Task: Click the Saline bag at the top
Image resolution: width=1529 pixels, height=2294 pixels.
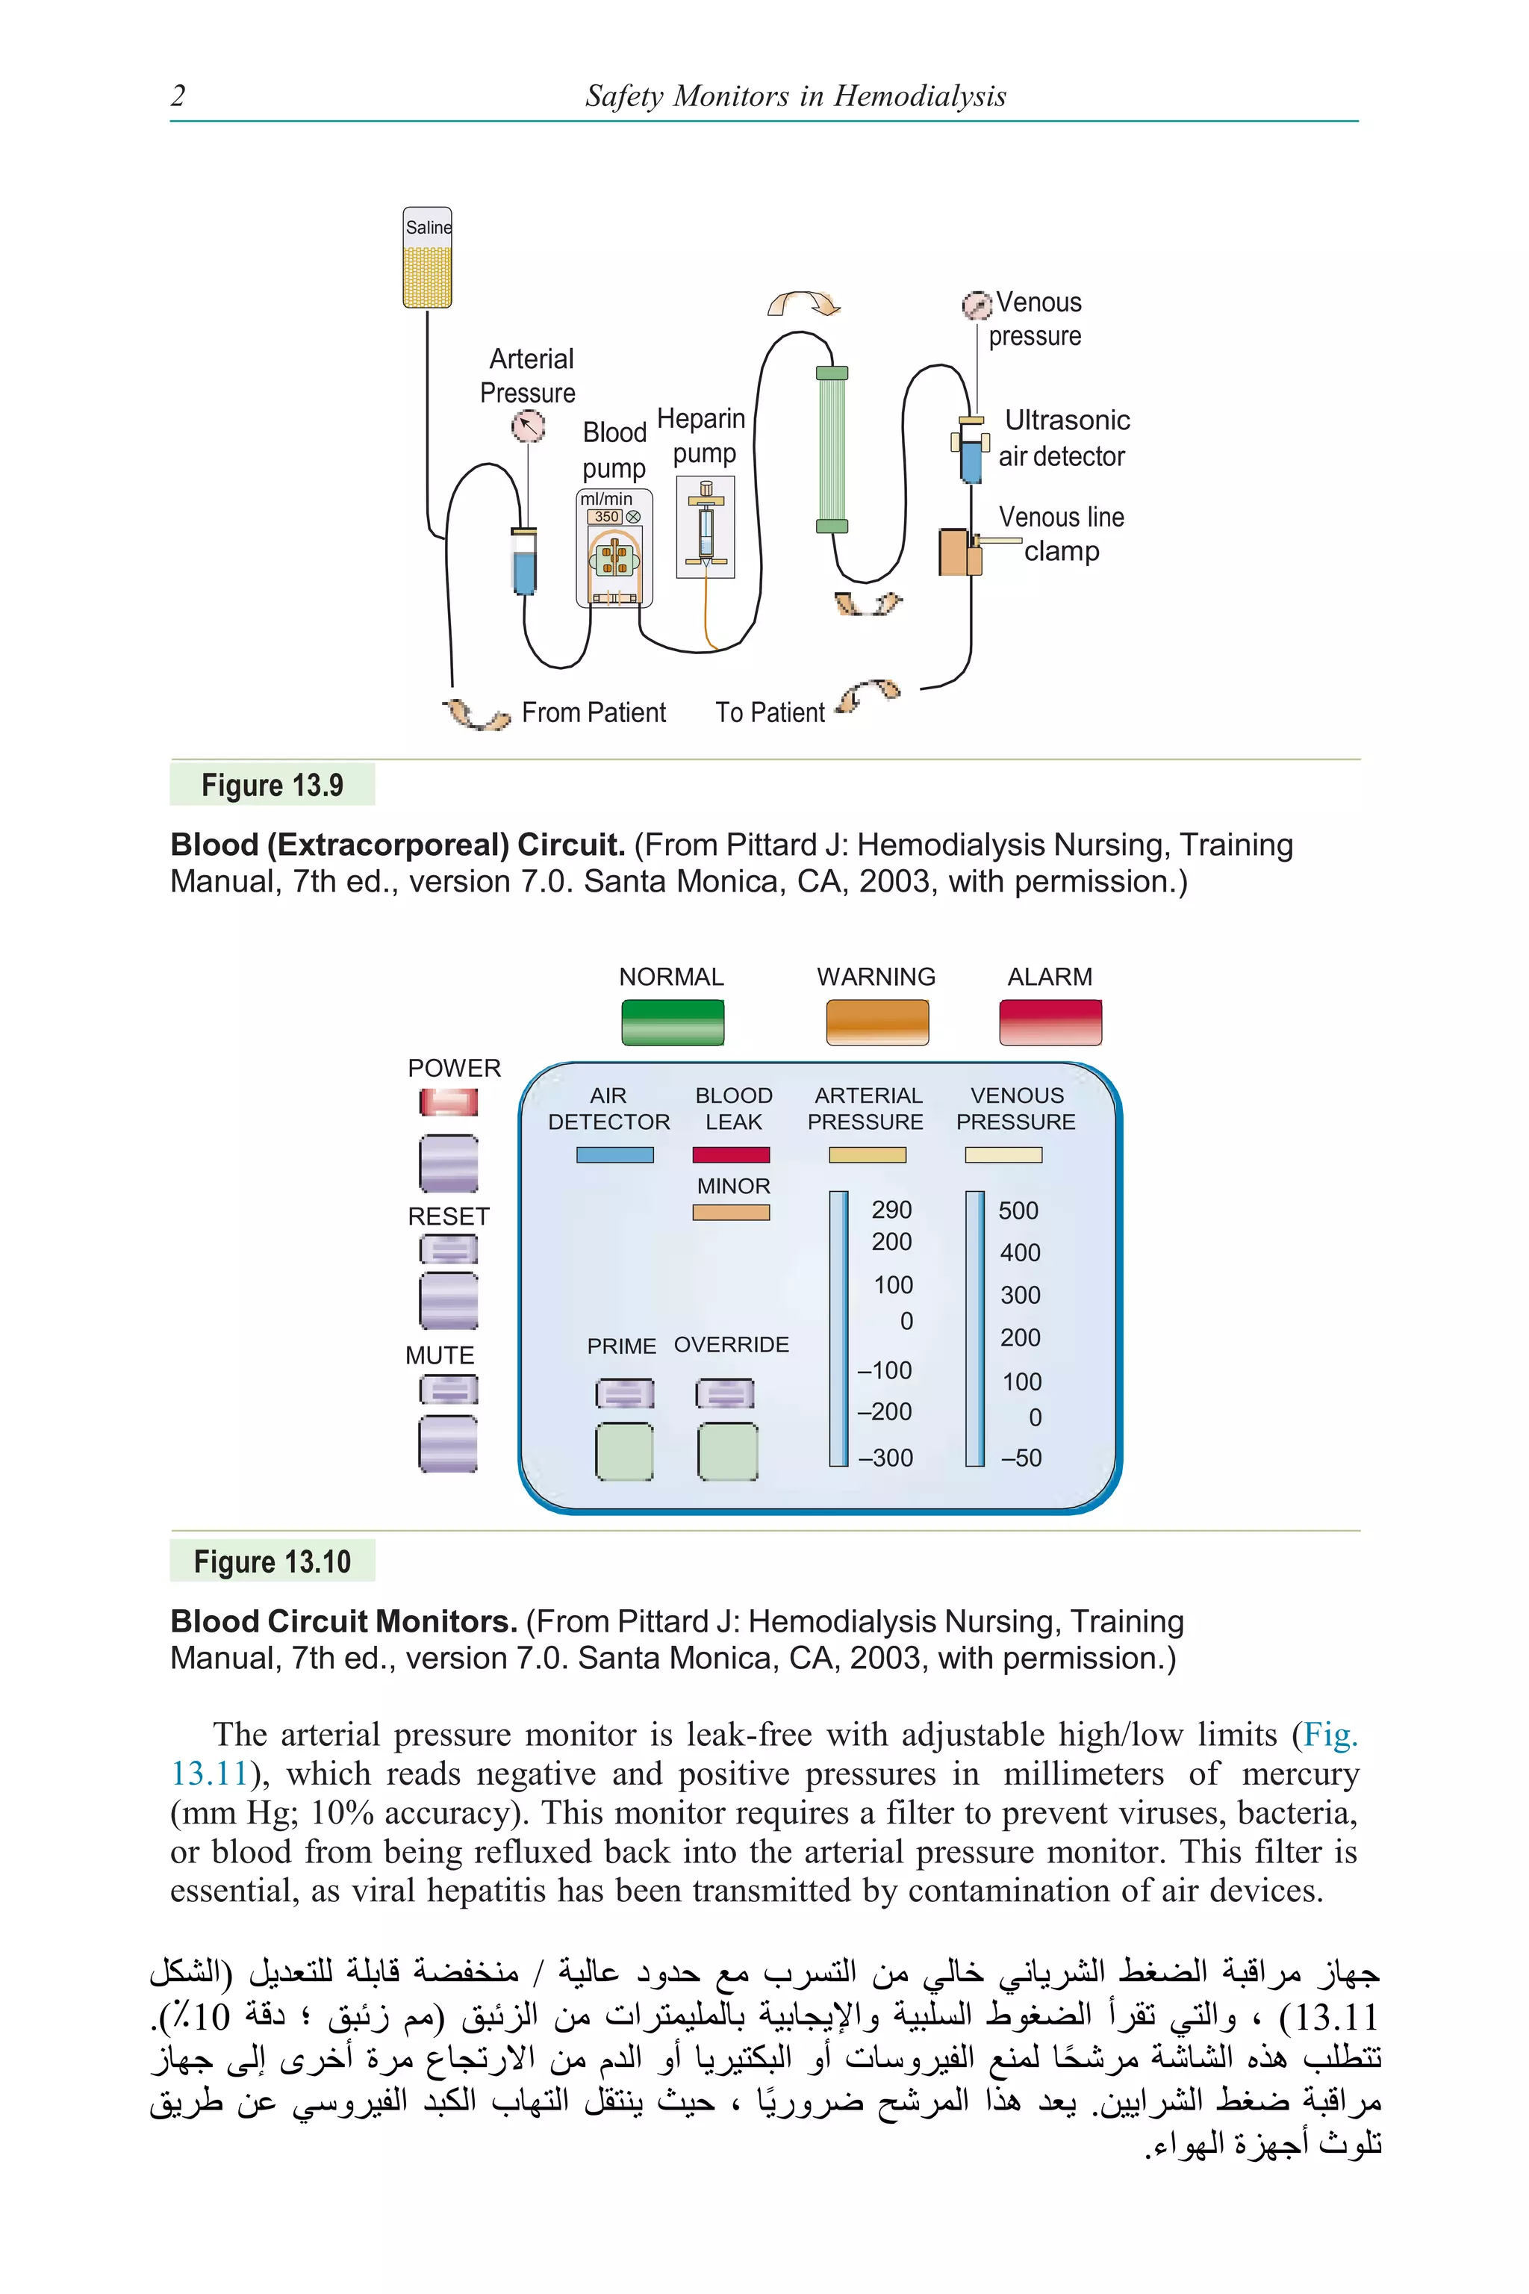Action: (x=427, y=258)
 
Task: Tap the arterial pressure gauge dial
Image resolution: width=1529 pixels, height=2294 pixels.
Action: (x=528, y=426)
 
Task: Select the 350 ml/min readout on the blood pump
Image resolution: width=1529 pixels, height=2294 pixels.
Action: (x=606, y=517)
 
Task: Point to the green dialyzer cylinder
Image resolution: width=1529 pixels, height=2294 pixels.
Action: (x=831, y=450)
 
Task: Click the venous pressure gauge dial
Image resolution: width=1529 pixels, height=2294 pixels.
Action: (x=976, y=305)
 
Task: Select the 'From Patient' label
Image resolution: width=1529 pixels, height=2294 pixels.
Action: (x=593, y=713)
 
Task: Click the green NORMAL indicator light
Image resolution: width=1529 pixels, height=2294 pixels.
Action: (x=672, y=1022)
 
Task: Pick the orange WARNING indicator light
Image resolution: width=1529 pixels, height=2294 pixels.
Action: (x=876, y=1022)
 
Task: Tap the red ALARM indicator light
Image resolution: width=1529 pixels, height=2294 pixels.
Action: (x=1050, y=1022)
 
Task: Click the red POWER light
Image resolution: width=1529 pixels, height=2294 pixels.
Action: (x=449, y=1102)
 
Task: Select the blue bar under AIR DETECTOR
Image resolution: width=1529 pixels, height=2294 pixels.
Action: (x=614, y=1154)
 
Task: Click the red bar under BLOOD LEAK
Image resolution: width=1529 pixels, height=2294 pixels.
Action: (x=732, y=1154)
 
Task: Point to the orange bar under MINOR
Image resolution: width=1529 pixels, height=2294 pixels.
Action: (x=732, y=1213)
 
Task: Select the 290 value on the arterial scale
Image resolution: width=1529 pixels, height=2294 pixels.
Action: (x=891, y=1210)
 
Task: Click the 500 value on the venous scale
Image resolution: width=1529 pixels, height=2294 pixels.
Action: (x=1018, y=1210)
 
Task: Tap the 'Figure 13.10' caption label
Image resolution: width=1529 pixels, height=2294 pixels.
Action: (x=272, y=1561)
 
